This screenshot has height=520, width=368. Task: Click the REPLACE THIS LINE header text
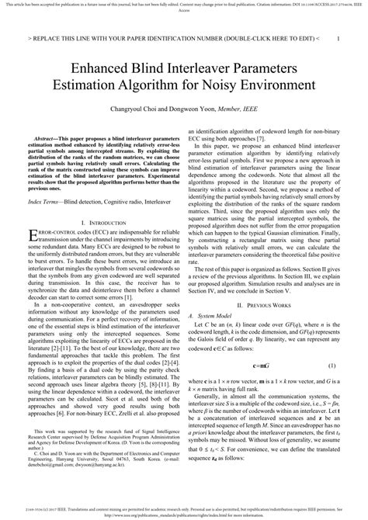[x=85, y=36]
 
